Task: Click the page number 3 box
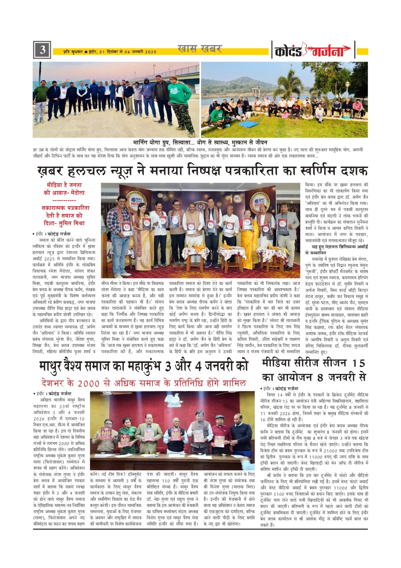42,50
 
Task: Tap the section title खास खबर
200,49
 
